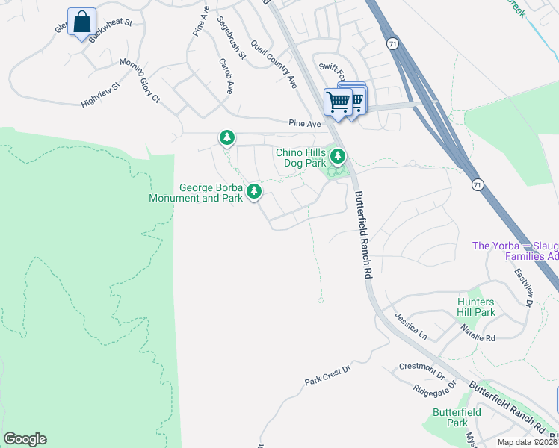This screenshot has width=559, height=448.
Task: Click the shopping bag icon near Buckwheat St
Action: coord(81,22)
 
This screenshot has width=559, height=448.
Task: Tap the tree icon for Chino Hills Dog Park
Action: coord(339,156)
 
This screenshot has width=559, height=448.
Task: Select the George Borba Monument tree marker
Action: coord(254,192)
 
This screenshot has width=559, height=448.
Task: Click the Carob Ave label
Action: coord(225,75)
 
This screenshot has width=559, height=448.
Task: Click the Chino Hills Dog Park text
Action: coord(301,158)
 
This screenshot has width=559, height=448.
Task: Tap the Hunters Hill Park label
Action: coord(476,307)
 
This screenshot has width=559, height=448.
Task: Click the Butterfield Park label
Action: coord(451,417)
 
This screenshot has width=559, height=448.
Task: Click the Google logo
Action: coord(25,439)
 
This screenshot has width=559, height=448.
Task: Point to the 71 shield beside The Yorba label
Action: coord(477,184)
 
